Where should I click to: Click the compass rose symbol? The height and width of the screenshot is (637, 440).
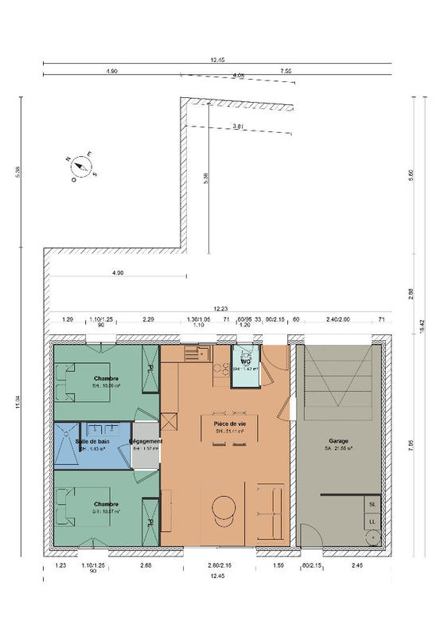tap(81, 166)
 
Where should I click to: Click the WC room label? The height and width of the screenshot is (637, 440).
tap(246, 362)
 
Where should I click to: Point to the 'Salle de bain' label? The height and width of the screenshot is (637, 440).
tap(92, 441)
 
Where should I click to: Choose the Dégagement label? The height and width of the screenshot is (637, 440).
tap(146, 441)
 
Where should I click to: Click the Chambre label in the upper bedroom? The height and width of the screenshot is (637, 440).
tap(106, 378)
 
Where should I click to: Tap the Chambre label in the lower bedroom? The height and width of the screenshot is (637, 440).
tap(106, 503)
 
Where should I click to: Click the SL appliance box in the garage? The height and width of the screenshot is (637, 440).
tap(372, 504)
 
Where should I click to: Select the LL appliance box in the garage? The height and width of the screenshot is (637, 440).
tap(372, 522)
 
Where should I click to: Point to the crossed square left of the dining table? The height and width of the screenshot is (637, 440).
tap(169, 423)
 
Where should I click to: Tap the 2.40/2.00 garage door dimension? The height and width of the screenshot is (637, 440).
tap(337, 318)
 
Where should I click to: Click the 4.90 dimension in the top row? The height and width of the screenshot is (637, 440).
tap(111, 71)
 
